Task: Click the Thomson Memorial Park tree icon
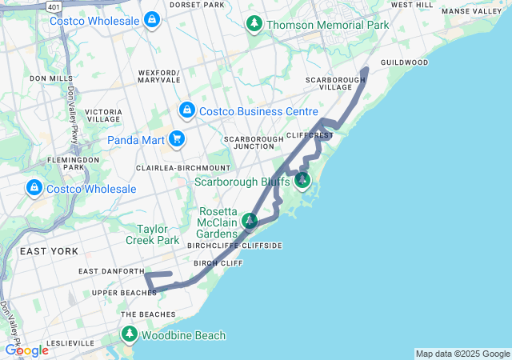(254, 24)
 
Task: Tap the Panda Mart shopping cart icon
(177, 140)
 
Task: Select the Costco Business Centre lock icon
(186, 110)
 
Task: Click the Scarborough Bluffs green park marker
(302, 180)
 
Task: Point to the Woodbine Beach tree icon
(129, 335)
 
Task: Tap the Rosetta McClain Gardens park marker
(250, 220)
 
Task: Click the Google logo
(26, 350)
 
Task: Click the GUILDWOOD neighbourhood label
(404, 62)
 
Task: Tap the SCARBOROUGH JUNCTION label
(254, 142)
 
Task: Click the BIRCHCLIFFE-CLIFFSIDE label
(234, 246)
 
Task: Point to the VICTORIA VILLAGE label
(103, 115)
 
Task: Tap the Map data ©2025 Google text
(462, 354)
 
